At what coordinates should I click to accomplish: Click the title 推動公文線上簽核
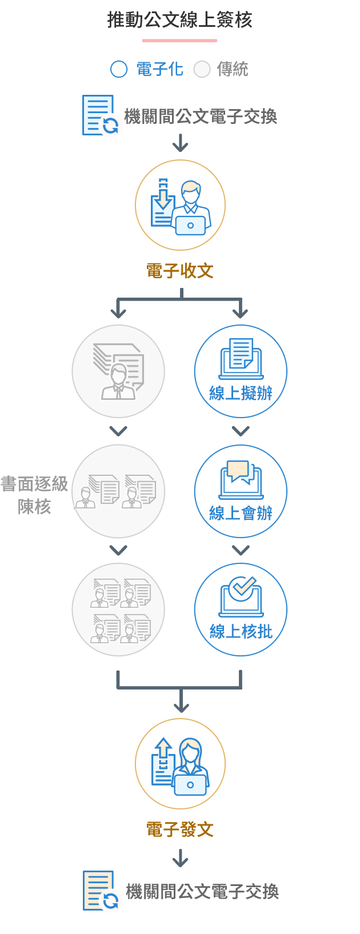(180, 21)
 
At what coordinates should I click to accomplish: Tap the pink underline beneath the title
(179, 41)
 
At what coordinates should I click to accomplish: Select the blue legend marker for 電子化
(119, 69)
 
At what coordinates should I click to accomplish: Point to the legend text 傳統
(233, 69)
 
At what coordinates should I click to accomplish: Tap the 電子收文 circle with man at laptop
(180, 205)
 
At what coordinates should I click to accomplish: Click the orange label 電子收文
(180, 271)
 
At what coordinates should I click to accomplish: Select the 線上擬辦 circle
(241, 372)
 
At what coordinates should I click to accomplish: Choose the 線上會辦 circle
(241, 491)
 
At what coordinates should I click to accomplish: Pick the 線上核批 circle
(241, 610)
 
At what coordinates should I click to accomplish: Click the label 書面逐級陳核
(34, 495)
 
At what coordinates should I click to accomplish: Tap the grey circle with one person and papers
(118, 372)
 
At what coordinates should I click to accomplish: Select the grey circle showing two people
(118, 491)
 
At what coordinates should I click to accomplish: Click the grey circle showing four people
(118, 610)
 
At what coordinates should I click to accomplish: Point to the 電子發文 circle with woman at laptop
(180, 763)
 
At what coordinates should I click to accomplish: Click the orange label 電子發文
(180, 829)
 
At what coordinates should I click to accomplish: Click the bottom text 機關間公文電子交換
(202, 891)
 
